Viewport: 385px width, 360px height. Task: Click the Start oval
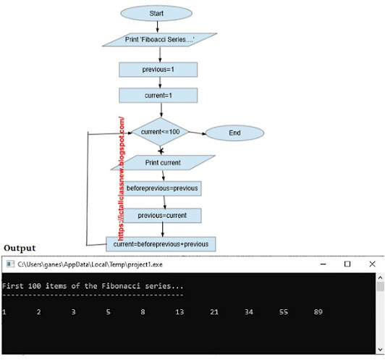[156, 13]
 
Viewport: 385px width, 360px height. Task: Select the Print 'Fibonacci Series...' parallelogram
[160, 39]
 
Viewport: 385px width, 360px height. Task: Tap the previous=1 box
[158, 69]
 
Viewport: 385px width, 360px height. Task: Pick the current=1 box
[158, 95]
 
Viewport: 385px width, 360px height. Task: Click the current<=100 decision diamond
[159, 133]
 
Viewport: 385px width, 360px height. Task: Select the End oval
[234, 133]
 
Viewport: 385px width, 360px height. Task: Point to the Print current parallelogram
[163, 162]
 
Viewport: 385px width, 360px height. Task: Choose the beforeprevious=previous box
[163, 188]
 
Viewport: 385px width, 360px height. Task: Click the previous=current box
[163, 215]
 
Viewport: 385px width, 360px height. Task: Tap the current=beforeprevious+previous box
[161, 244]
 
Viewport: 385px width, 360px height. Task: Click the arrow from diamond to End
[197, 133]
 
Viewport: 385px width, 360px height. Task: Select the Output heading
[20, 248]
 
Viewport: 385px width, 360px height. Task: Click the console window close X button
[372, 264]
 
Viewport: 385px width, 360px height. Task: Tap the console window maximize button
[347, 264]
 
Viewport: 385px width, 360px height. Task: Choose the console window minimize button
[323, 264]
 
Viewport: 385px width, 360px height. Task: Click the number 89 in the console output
[318, 312]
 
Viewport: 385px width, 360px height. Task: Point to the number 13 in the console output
[179, 312]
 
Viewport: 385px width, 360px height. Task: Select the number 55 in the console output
[284, 312]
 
